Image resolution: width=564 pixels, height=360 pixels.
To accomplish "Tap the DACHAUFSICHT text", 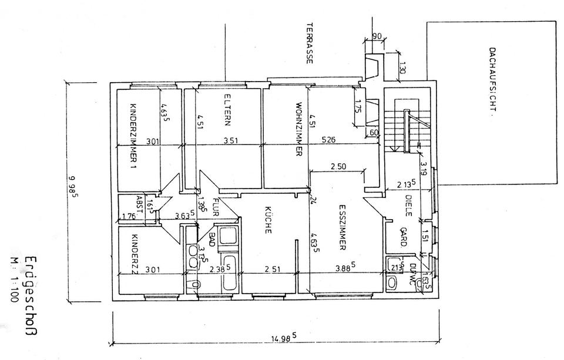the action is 493,82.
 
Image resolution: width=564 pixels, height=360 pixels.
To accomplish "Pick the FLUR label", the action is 216,208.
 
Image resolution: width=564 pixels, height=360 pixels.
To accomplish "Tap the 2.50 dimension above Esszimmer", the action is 338,167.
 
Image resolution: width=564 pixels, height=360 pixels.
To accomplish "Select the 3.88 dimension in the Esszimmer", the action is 344,268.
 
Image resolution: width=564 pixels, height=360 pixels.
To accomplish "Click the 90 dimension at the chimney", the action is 377,36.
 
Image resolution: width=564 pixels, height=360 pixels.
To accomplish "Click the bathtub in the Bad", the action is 228,273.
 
